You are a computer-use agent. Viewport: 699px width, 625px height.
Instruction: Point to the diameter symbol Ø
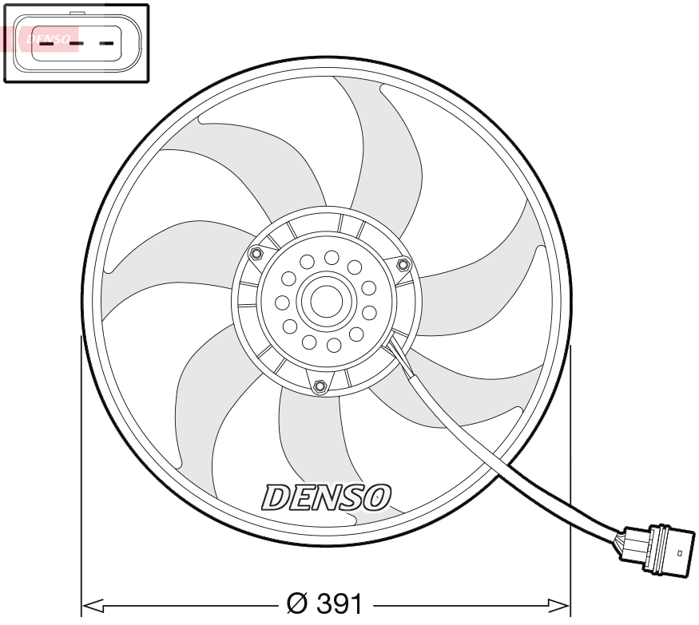click(293, 603)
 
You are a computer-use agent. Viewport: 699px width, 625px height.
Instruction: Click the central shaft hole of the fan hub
click(325, 301)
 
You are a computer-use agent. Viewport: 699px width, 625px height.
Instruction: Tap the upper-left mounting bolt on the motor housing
click(256, 255)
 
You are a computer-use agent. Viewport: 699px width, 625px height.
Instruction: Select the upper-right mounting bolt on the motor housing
click(402, 263)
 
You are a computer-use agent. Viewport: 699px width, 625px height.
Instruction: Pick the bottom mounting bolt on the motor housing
click(320, 388)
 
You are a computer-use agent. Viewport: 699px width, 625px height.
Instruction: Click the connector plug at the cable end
click(659, 549)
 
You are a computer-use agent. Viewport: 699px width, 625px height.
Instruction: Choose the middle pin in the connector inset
click(76, 42)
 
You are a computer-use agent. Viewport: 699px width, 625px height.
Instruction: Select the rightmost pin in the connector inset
click(106, 42)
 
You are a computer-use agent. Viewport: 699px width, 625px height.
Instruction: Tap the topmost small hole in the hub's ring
click(330, 257)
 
